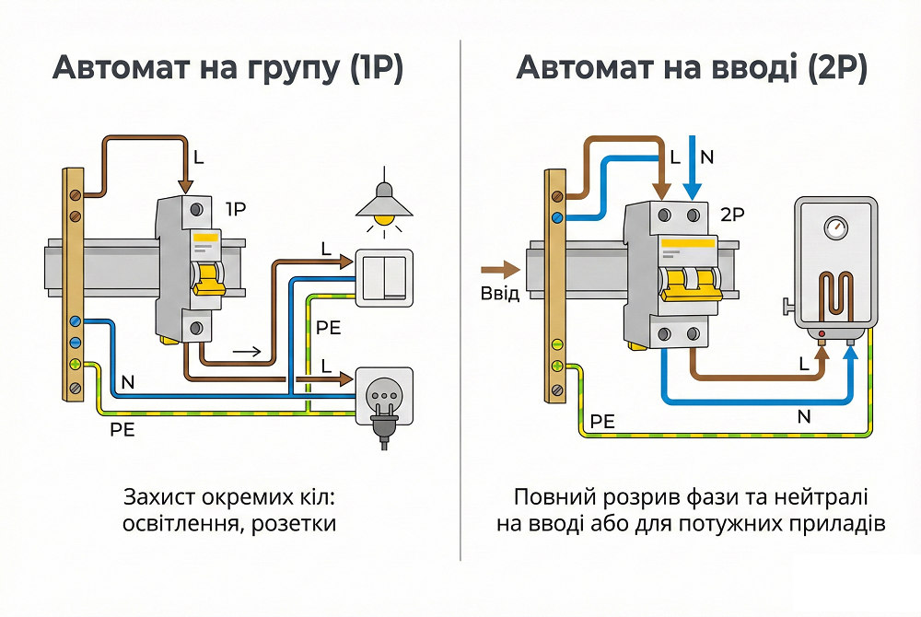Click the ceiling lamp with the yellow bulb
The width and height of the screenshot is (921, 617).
click(384, 204)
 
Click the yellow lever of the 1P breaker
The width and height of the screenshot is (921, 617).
click(208, 276)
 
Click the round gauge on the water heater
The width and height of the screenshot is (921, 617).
click(835, 227)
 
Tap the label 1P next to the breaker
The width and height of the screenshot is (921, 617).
click(236, 209)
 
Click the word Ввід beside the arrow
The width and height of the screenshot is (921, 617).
click(500, 295)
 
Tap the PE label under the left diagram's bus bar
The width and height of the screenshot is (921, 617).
click(122, 429)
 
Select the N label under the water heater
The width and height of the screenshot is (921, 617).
click(803, 417)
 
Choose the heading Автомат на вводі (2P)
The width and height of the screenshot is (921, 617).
click(692, 70)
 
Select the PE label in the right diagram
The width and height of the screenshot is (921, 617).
click(602, 421)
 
